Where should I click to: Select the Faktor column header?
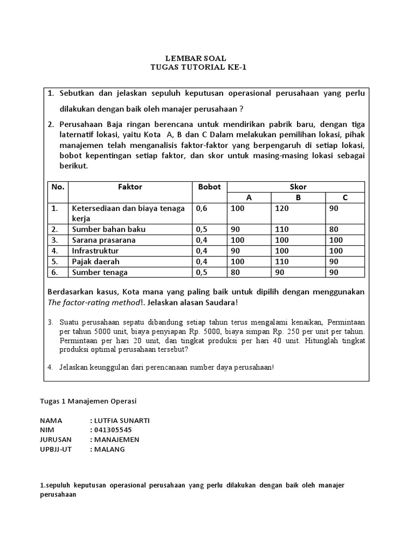click(x=130, y=187)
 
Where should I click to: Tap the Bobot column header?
click(x=209, y=187)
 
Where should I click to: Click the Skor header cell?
click(x=298, y=187)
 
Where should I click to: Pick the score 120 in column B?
click(x=281, y=208)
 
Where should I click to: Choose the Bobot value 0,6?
click(x=202, y=208)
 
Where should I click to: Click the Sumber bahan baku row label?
click(x=108, y=229)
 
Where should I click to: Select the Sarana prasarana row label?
click(x=103, y=239)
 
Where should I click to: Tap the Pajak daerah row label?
click(x=95, y=261)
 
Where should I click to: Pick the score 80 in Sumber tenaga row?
click(x=235, y=272)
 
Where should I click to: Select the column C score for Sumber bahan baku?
click(x=334, y=229)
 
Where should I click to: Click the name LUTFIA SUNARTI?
click(x=122, y=420)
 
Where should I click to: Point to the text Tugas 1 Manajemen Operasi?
click(x=88, y=401)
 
